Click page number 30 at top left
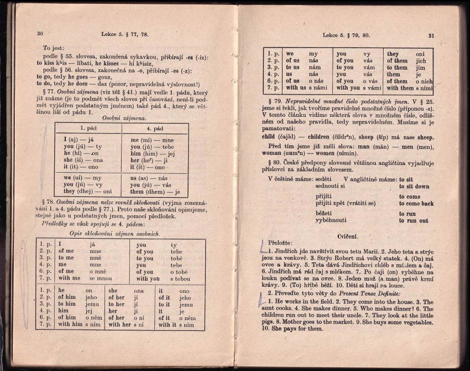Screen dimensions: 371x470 [x=40, y=34]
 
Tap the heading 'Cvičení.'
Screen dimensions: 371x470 [x=348, y=235]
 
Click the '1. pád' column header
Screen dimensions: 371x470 [x=87, y=128]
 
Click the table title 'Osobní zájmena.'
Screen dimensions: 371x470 [x=121, y=118]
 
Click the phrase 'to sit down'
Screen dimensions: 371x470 [x=414, y=187]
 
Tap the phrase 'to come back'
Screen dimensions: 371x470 [x=416, y=203]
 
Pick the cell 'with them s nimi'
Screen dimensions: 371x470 [x=410, y=88]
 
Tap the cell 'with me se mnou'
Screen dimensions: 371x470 [x=85, y=279]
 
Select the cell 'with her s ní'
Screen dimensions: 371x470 [x=127, y=325]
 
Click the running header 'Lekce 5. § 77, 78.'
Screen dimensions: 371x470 [x=124, y=34]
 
